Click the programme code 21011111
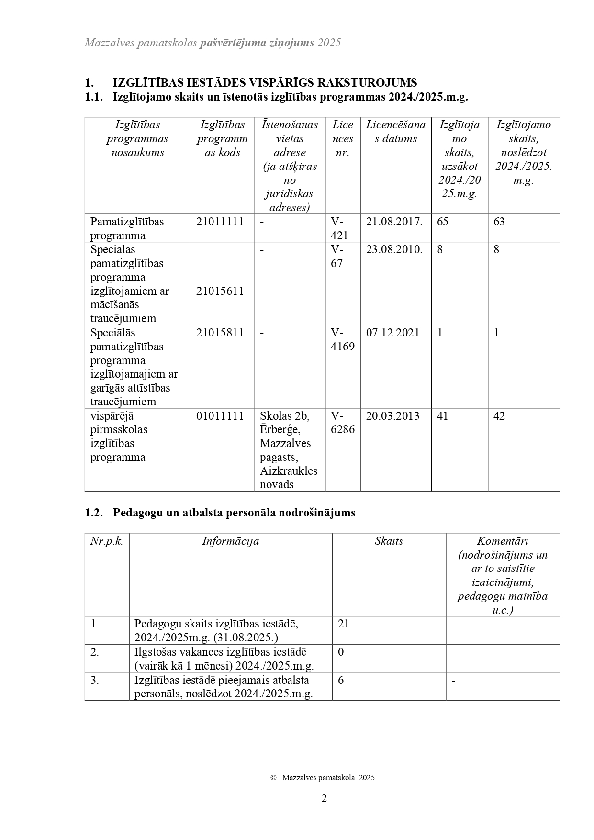tap(220, 222)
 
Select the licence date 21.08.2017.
tap(394, 222)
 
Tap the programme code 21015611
tap(220, 291)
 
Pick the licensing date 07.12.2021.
tap(394, 333)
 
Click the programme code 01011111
tap(220, 416)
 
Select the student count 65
tap(443, 222)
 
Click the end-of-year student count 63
tap(499, 222)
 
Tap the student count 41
tap(443, 416)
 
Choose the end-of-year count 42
tap(499, 416)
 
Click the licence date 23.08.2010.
tap(394, 249)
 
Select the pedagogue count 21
tap(344, 624)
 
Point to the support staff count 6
tap(341, 680)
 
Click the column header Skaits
tap(389, 541)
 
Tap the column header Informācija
tap(230, 541)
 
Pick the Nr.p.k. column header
tap(107, 541)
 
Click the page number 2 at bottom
tap(324, 798)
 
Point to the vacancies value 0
tap(341, 652)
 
